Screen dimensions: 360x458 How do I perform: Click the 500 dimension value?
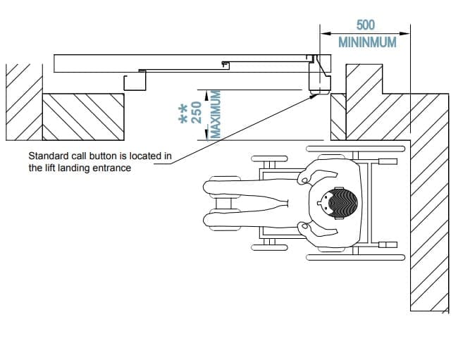366,25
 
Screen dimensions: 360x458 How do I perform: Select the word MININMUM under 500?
366,42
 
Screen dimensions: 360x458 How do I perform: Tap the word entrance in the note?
111,168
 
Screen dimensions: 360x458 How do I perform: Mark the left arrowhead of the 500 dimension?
323,32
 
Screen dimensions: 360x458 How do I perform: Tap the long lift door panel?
183,62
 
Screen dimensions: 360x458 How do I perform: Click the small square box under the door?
134,81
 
